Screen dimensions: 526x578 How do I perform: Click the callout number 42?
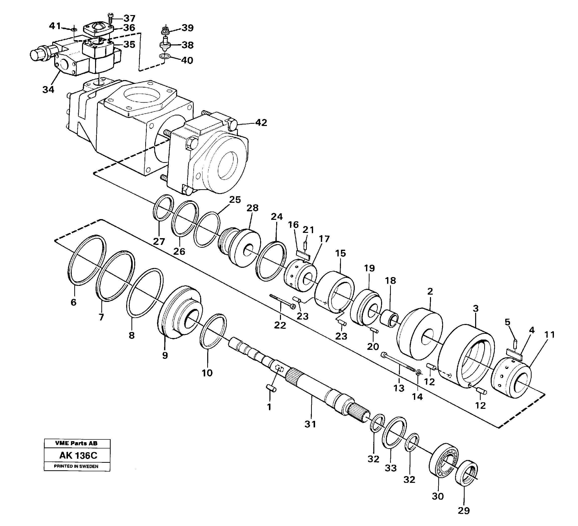point(261,122)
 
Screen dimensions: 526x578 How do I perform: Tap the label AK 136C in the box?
point(78,455)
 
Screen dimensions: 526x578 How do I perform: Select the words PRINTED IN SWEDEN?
point(76,466)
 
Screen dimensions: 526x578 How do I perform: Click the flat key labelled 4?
point(514,352)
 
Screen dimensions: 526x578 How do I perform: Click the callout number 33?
point(391,468)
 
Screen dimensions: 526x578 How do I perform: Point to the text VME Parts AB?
point(76,443)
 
